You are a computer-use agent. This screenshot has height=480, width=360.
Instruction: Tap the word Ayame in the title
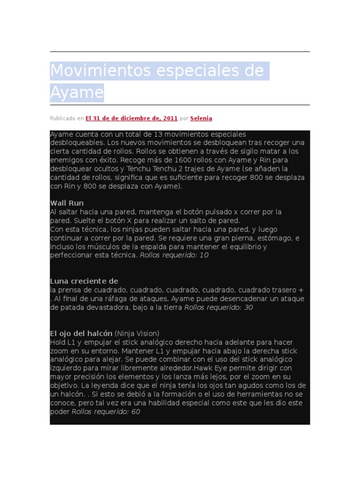point(76,92)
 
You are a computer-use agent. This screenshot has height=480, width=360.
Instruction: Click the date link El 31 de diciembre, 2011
point(131,119)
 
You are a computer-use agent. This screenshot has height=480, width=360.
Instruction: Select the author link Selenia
point(201,119)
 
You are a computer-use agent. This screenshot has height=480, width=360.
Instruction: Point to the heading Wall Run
point(67,203)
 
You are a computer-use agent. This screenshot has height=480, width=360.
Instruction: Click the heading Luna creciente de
point(84,281)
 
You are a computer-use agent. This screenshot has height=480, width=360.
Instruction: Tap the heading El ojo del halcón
point(81,333)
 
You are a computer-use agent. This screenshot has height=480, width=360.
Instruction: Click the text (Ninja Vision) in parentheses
point(137,333)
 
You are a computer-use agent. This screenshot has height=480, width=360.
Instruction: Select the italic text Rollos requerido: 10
point(174,255)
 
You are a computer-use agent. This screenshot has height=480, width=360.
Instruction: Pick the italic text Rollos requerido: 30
point(218,307)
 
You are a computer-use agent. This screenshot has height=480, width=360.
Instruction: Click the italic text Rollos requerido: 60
point(105,412)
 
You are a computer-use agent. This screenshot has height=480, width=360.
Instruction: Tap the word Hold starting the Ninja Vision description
point(58,342)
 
